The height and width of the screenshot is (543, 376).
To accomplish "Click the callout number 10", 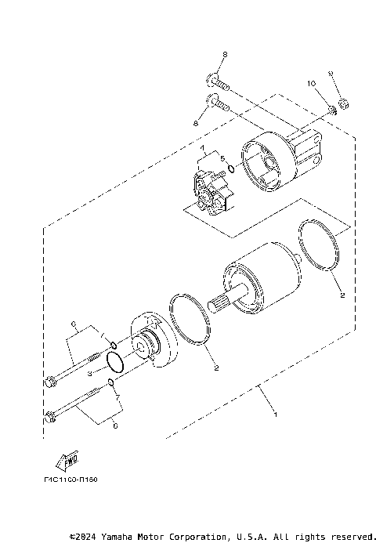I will tap(311, 83).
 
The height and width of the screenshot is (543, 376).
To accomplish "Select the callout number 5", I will tap(222, 159).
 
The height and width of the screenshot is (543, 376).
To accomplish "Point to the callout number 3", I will tap(90, 375).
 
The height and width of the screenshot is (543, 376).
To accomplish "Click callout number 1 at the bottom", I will tap(274, 412).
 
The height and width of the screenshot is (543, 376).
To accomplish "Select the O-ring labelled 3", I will tap(114, 363).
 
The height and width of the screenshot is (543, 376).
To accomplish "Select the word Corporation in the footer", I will tap(197, 537).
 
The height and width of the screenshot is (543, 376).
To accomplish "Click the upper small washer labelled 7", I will tap(113, 345).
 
